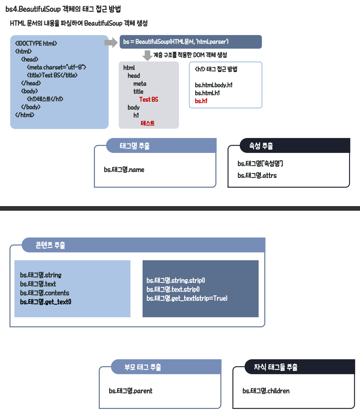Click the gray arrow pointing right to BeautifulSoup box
pyautogui.click(x=111, y=43)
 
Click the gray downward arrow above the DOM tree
pyautogui.click(x=147, y=55)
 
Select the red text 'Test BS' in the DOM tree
pyautogui.click(x=149, y=100)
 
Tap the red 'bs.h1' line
pyautogui.click(x=201, y=101)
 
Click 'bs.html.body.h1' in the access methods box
pyautogui.click(x=213, y=85)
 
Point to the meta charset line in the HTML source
pyautogui.click(x=56, y=67)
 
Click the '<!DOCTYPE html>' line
pyautogui.click(x=36, y=43)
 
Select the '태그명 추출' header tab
pyautogui.click(x=134, y=146)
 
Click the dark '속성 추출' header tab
pyautogui.click(x=261, y=146)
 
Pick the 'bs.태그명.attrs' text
pyautogui.click(x=257, y=176)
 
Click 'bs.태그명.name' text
pyautogui.click(x=124, y=170)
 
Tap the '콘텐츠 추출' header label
pyautogui.click(x=50, y=245)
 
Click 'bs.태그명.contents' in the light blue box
pyautogui.click(x=45, y=293)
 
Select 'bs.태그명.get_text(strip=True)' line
pyautogui.click(x=187, y=299)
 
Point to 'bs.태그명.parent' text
pyautogui.click(x=130, y=391)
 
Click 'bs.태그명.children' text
pyautogui.click(x=266, y=391)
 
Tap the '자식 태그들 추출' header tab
pyautogui.click(x=276, y=367)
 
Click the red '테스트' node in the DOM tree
pyautogui.click(x=147, y=123)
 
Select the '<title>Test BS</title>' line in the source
pyautogui.click(x=52, y=75)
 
